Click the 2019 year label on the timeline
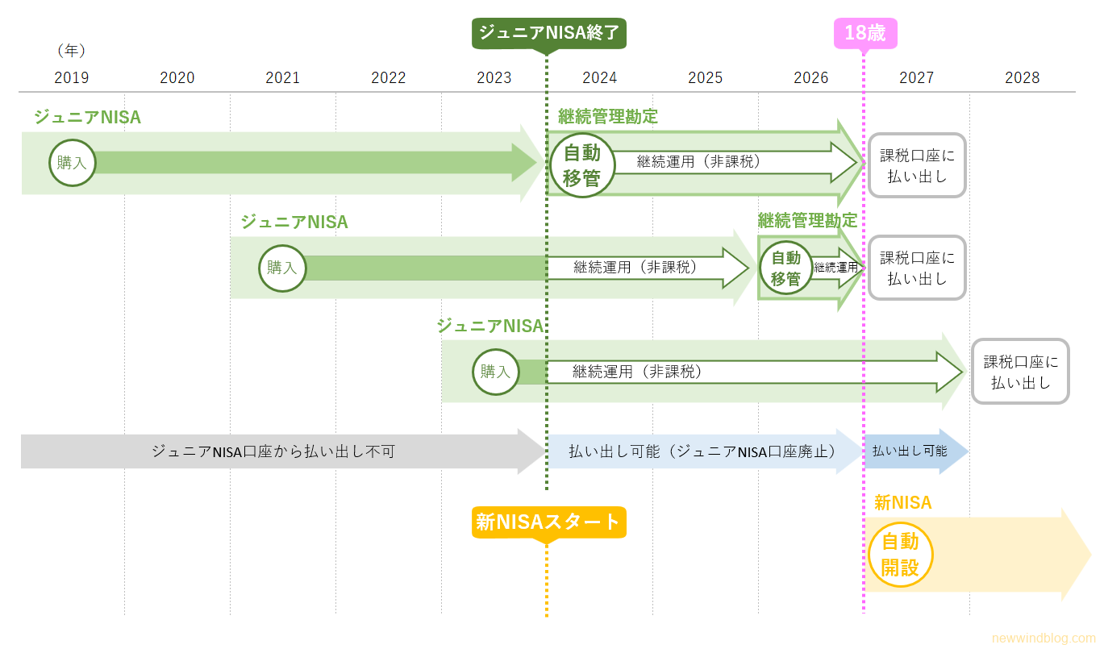pos(72,77)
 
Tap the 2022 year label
pos(389,77)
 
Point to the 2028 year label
pos(1022,77)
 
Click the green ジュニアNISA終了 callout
pos(549,33)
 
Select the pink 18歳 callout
pos(864,33)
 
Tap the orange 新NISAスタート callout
pos(548,522)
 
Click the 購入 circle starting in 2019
pos(72,163)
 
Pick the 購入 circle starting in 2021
pos(282,268)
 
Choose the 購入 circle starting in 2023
pos(495,372)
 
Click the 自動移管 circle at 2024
pos(581,164)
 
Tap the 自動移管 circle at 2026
pos(785,268)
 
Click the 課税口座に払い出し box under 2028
pos(1020,372)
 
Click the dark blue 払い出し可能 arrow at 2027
pos(911,451)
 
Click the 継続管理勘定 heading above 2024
pos(608,116)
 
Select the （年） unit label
pos(71,50)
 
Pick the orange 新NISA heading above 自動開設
pos(902,503)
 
